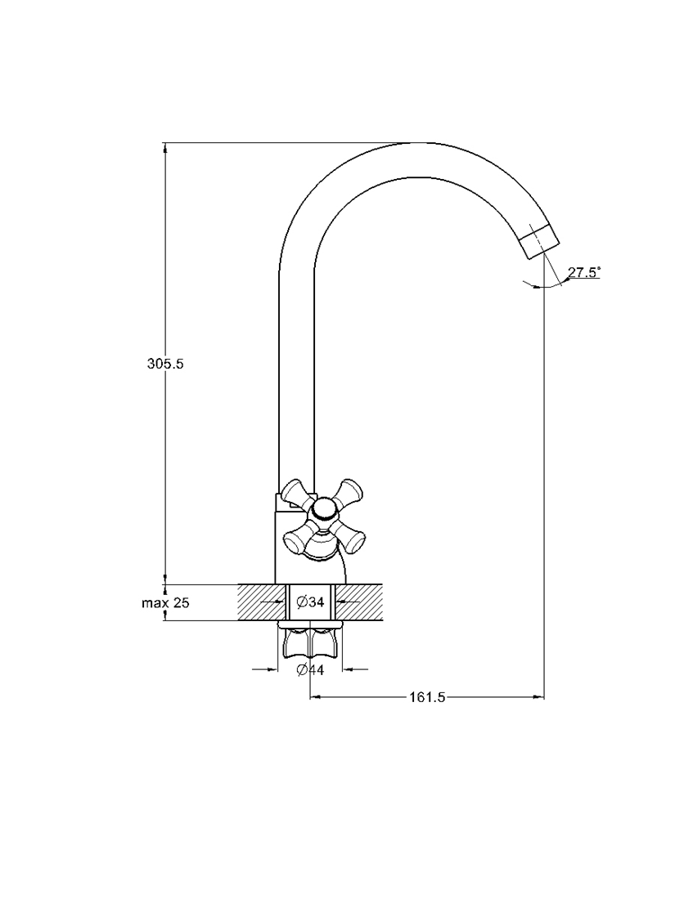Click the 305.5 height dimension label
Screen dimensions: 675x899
165,364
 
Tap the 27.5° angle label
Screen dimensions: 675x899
584,272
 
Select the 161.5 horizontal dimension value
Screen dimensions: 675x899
427,697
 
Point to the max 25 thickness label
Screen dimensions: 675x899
165,602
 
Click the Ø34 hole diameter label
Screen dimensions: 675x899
311,602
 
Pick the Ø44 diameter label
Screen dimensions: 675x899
311,669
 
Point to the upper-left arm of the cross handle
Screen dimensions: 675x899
296,494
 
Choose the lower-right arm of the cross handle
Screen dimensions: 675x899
349,533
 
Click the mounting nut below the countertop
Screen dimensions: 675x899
311,642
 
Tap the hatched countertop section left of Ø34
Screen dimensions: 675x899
262,602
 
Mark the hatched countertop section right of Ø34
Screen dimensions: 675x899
359,602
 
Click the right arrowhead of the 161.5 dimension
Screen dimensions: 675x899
538,697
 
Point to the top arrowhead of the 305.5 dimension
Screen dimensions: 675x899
165,148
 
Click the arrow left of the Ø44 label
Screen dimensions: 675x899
265,669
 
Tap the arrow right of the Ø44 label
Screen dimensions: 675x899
356,669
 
